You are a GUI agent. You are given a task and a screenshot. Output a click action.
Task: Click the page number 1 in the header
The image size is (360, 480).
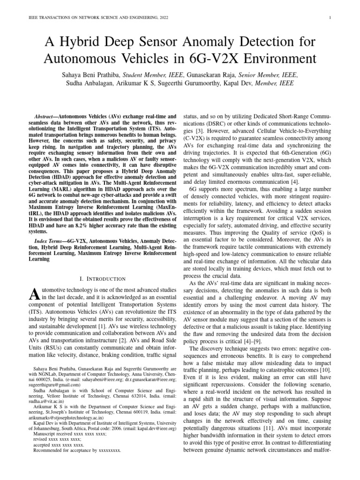331,18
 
